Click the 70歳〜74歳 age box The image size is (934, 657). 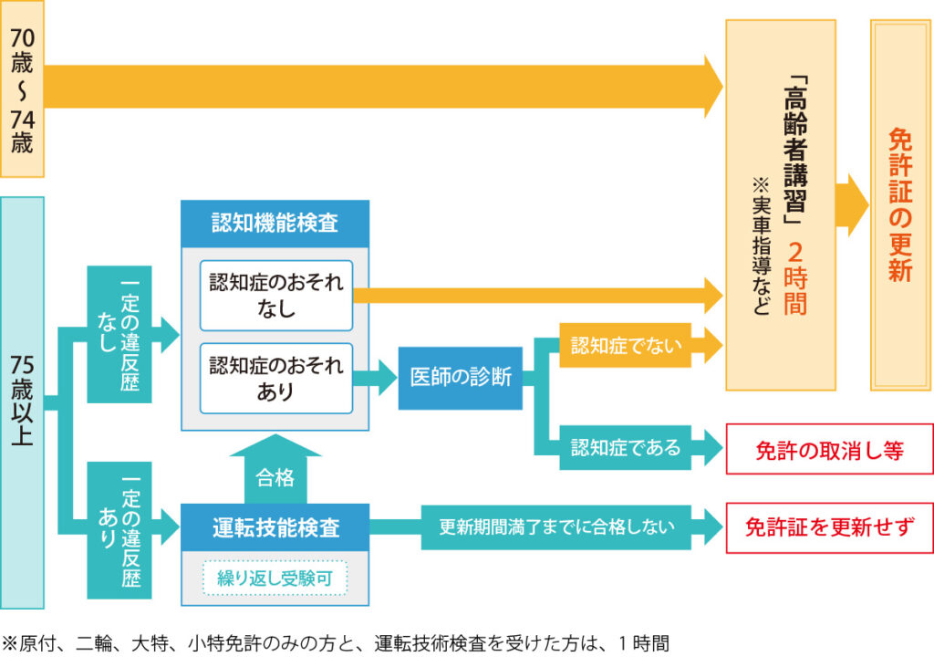(x=21, y=89)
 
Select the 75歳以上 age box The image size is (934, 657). (x=22, y=401)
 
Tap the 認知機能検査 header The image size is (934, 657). (x=275, y=223)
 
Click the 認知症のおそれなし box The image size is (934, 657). (x=275, y=295)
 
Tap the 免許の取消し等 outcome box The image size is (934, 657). (x=829, y=450)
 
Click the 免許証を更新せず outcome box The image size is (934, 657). (x=829, y=527)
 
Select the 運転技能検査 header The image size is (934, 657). (x=275, y=527)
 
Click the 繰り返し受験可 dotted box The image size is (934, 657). (x=275, y=577)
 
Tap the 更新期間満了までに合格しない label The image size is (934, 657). (x=557, y=527)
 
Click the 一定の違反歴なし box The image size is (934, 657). (x=119, y=334)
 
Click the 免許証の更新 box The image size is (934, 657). (x=901, y=205)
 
